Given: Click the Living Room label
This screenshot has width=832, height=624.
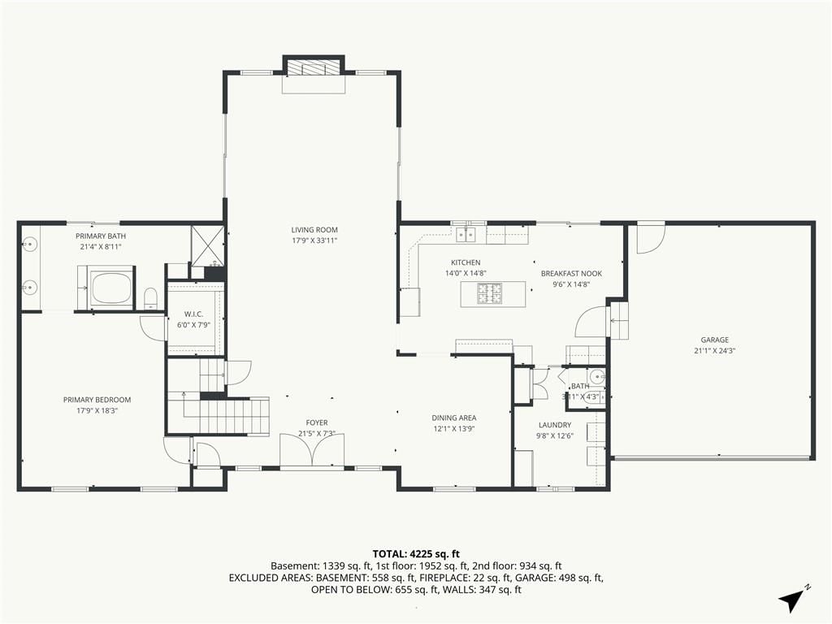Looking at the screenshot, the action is coord(314,230).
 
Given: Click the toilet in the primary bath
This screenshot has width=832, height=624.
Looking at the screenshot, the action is coord(151,298).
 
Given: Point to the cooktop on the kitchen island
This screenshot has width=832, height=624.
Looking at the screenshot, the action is coord(489,294).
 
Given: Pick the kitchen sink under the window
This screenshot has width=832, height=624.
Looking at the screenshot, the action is coord(466,234).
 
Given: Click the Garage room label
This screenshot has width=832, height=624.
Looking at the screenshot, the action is coord(714,340).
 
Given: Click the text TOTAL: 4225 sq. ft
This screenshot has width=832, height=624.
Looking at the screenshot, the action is coord(415,555).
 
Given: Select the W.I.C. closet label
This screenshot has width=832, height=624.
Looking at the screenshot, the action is coord(193,314).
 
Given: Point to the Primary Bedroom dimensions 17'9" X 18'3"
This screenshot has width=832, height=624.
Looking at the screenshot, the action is coord(97,410).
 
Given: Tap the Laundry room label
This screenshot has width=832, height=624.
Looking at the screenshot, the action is coord(554,425).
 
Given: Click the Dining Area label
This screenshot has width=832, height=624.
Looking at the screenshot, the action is coord(453,418).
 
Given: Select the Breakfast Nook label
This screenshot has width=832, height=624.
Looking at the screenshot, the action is coord(571,274).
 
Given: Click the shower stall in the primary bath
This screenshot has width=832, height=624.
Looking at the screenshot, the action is coord(207,245).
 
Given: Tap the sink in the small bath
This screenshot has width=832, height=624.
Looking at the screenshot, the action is coord(597,378).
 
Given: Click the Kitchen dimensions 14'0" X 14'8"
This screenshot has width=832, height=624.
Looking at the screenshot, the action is coord(466,273).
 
